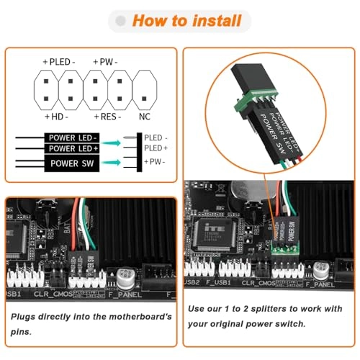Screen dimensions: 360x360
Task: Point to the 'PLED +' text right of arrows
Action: pos(156,148)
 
